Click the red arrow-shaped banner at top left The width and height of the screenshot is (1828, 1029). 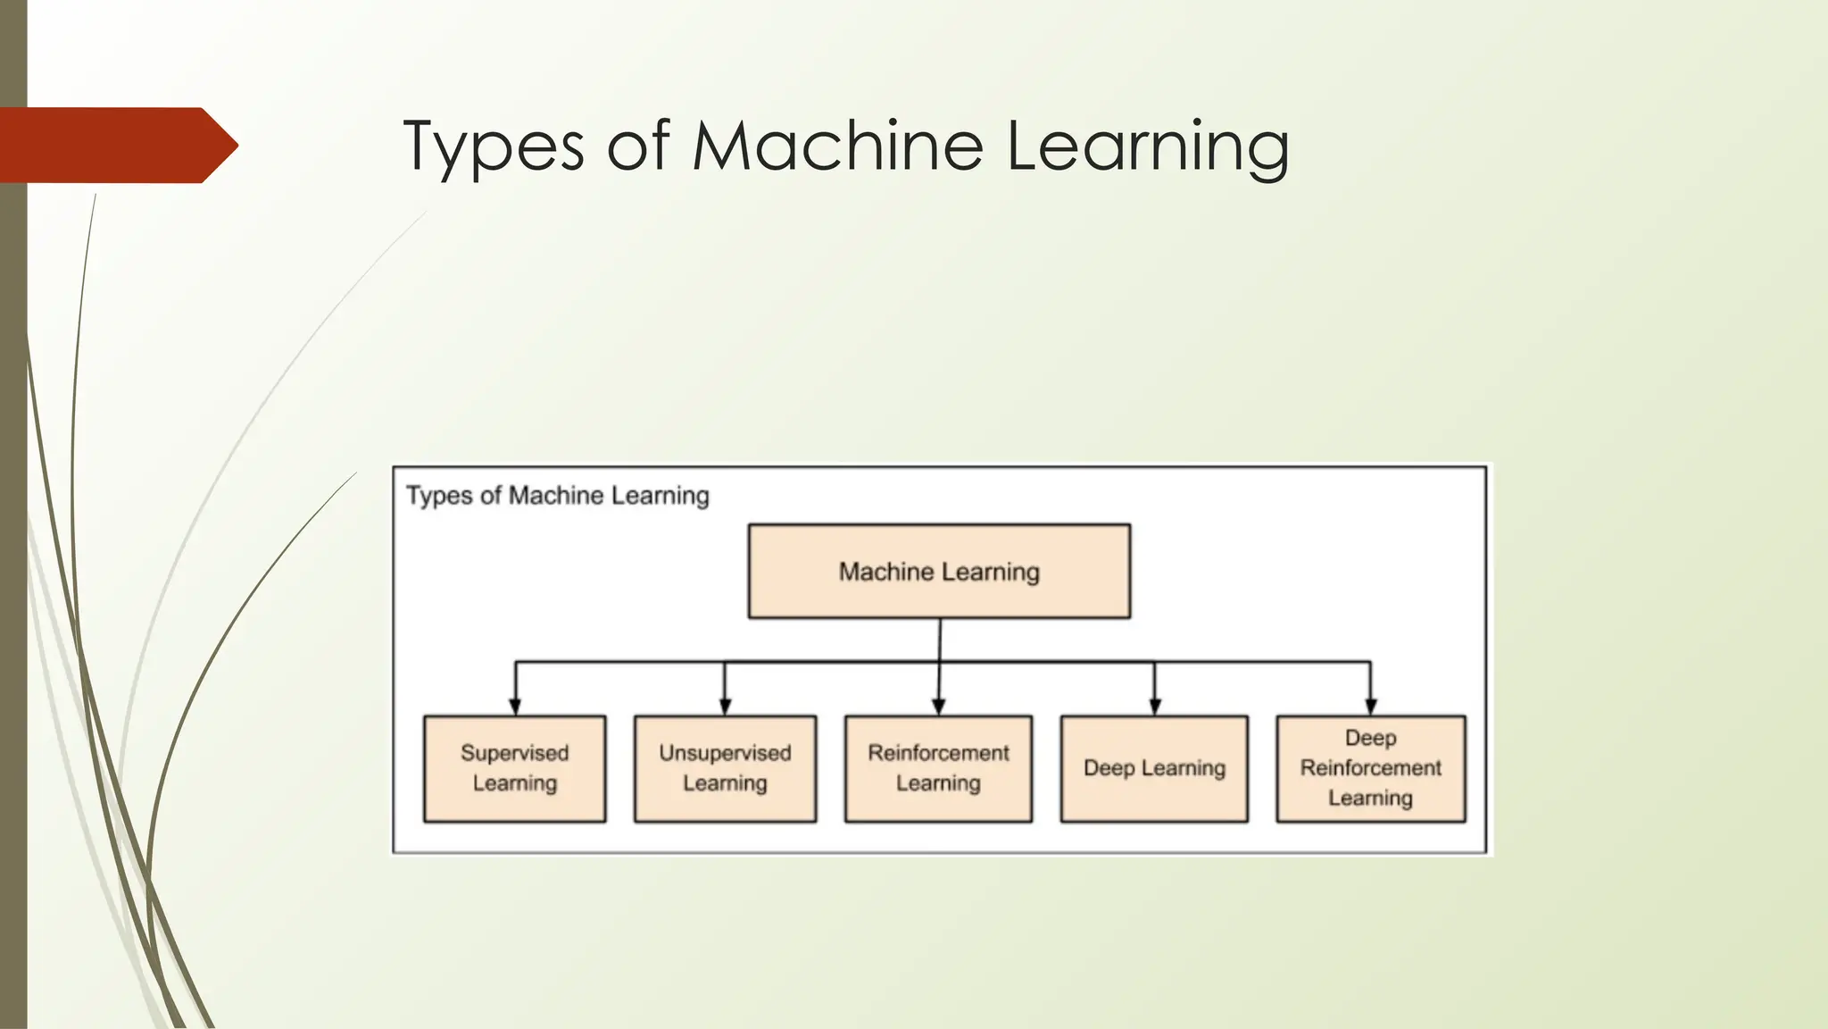tap(116, 145)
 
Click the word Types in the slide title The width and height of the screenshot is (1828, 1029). tap(493, 146)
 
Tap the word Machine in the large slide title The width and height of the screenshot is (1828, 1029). tap(837, 145)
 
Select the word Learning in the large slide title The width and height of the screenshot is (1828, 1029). tap(1148, 146)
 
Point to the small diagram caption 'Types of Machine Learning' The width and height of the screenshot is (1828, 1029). tap(558, 496)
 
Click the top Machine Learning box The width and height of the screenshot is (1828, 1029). tap(939, 572)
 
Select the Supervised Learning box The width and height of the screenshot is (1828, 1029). tap(514, 768)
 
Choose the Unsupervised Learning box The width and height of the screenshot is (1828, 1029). tap(725, 768)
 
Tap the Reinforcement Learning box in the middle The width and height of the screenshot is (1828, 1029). tap(938, 768)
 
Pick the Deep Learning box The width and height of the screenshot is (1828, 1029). tap(1154, 768)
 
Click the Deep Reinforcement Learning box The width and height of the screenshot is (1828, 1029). tap(1370, 768)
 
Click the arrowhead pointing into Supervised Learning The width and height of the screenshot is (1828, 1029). tap(514, 707)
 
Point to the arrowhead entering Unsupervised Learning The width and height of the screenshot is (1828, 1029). tap(725, 707)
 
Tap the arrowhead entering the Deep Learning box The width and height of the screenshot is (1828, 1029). tap(1155, 707)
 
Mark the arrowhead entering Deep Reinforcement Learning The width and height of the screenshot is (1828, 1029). tap(1371, 707)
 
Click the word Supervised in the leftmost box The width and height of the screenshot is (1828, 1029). tap(514, 753)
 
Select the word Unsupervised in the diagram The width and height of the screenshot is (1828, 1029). tap(725, 753)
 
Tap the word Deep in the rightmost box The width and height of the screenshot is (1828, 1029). tap(1370, 738)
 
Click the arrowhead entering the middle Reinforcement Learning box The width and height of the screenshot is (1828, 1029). tap(938, 707)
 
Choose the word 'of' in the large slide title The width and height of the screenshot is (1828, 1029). tap(637, 145)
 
